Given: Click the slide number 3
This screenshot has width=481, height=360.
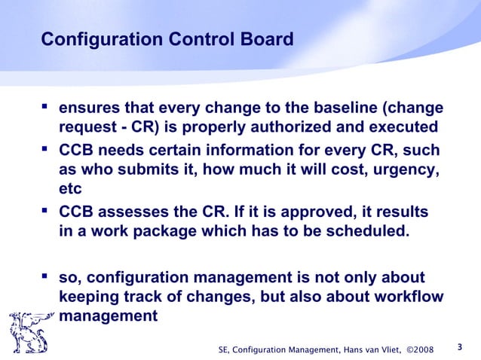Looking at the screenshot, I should point(460,347).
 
